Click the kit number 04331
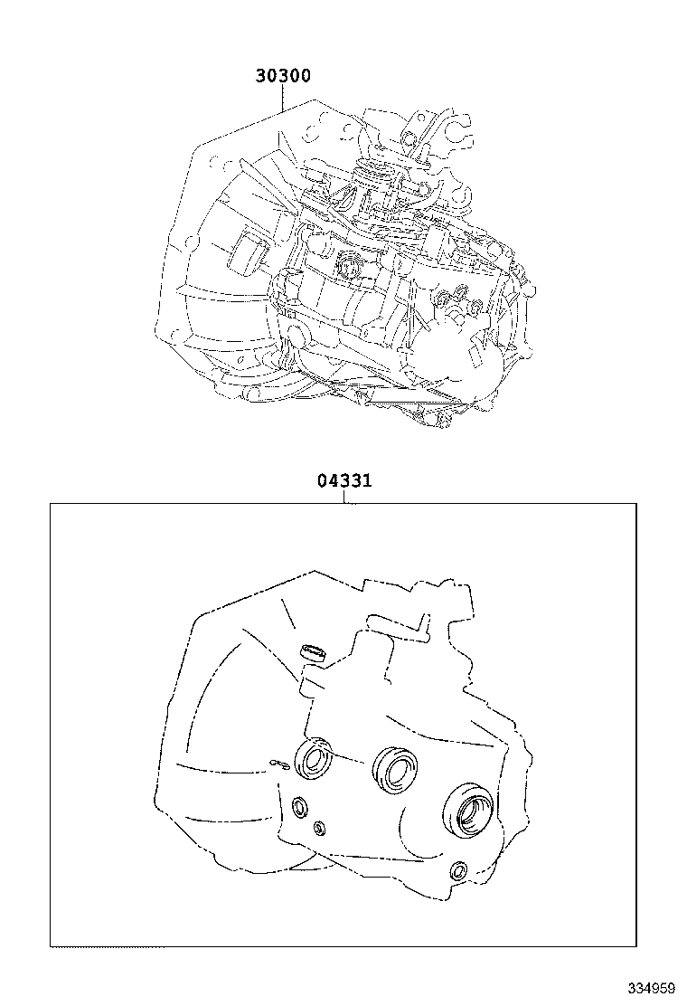[344, 480]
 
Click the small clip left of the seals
[279, 765]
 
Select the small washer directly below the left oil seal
[299, 806]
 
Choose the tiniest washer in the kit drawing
[319, 828]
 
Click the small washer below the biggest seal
[458, 870]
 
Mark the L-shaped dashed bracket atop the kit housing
[396, 624]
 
